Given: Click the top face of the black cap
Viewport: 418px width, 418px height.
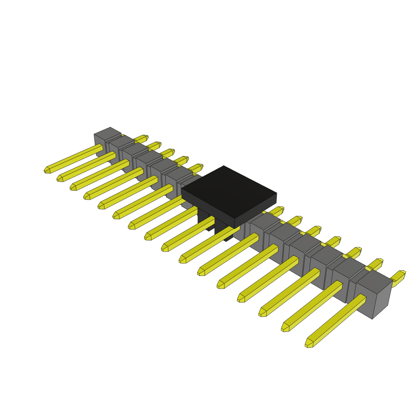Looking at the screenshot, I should coord(229,191).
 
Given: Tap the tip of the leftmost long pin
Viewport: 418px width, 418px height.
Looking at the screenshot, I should coord(47,170).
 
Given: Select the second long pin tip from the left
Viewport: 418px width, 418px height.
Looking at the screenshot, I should coord(60,178).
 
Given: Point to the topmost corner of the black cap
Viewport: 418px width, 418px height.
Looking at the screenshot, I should coord(224,166).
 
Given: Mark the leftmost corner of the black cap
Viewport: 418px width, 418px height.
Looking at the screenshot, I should coord(182,189).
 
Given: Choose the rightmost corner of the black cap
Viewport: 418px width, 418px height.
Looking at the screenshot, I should coord(276,193).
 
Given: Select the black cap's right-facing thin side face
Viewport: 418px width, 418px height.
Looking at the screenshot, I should coord(256,211).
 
